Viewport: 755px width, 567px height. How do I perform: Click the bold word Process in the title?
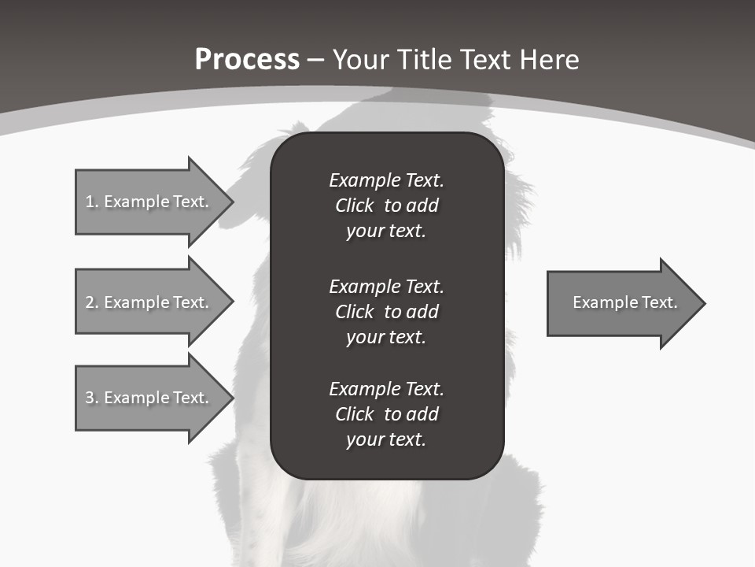[x=247, y=60]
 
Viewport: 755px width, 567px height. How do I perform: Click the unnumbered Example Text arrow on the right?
[x=624, y=303]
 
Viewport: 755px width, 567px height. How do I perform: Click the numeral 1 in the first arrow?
[x=90, y=202]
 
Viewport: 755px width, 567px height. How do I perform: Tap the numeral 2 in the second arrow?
[x=90, y=302]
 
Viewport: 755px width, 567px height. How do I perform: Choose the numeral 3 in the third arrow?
[x=90, y=398]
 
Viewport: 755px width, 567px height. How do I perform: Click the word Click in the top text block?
[x=354, y=206]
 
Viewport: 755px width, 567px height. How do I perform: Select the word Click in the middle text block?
[x=354, y=312]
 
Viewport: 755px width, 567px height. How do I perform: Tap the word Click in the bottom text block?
[x=354, y=414]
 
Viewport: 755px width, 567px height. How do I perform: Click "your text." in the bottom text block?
[x=385, y=439]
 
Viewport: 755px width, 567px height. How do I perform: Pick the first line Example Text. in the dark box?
[x=386, y=180]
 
